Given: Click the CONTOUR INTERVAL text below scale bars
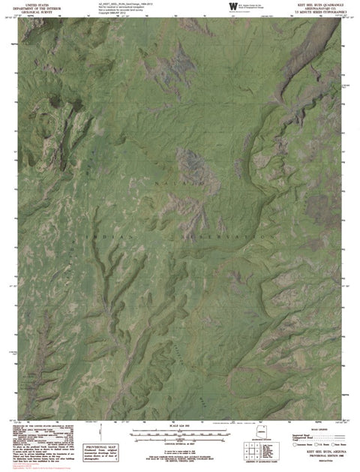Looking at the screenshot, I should (181, 445).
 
